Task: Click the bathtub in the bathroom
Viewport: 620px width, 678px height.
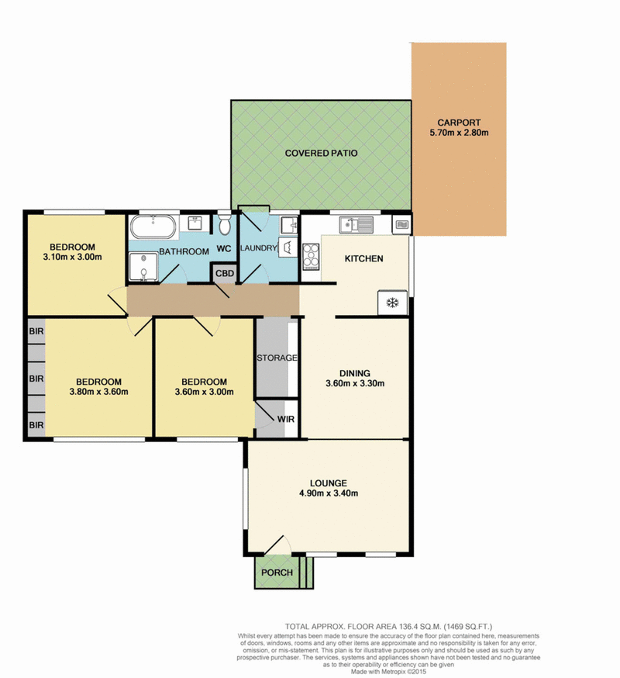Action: [153, 227]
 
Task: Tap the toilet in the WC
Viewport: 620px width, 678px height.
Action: [224, 224]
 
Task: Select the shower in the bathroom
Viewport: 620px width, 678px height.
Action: [143, 267]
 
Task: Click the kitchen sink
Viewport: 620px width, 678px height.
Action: [356, 225]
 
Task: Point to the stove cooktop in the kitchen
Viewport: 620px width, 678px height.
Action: [311, 257]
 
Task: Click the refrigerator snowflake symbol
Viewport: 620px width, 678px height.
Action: [392, 303]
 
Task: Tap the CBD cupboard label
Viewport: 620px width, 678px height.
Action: [225, 273]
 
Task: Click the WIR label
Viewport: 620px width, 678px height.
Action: [286, 419]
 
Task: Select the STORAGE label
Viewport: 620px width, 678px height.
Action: [277, 358]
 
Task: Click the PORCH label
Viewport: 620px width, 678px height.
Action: [277, 572]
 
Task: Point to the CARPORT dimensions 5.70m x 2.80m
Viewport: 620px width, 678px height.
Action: [459, 133]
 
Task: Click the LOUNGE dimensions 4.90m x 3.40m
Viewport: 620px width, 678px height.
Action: [329, 493]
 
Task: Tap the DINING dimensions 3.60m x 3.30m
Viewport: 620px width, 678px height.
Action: [355, 383]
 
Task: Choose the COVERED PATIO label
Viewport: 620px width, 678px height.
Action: [321, 153]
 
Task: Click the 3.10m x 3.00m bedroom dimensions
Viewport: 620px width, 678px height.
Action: [73, 257]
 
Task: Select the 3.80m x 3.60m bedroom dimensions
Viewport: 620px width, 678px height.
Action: [98, 392]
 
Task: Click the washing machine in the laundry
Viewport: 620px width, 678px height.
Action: [288, 247]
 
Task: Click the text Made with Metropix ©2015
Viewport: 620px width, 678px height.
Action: [388, 672]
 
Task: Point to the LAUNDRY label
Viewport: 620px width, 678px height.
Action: [258, 248]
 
